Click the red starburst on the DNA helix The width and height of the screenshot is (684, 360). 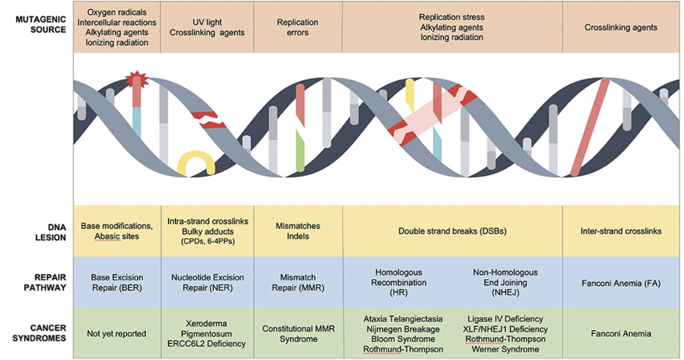137,79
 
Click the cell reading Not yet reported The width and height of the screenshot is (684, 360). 117,334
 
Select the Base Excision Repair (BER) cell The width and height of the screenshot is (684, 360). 117,283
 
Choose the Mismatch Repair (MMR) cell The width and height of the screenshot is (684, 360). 298,283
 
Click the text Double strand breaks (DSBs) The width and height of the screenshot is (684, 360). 452,231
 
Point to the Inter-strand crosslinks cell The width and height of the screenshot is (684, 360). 621,231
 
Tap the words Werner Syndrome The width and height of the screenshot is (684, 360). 505,349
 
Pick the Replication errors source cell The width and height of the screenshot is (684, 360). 298,27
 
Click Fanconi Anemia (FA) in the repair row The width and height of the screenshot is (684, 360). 621,283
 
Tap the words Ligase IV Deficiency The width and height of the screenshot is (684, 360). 505,319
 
